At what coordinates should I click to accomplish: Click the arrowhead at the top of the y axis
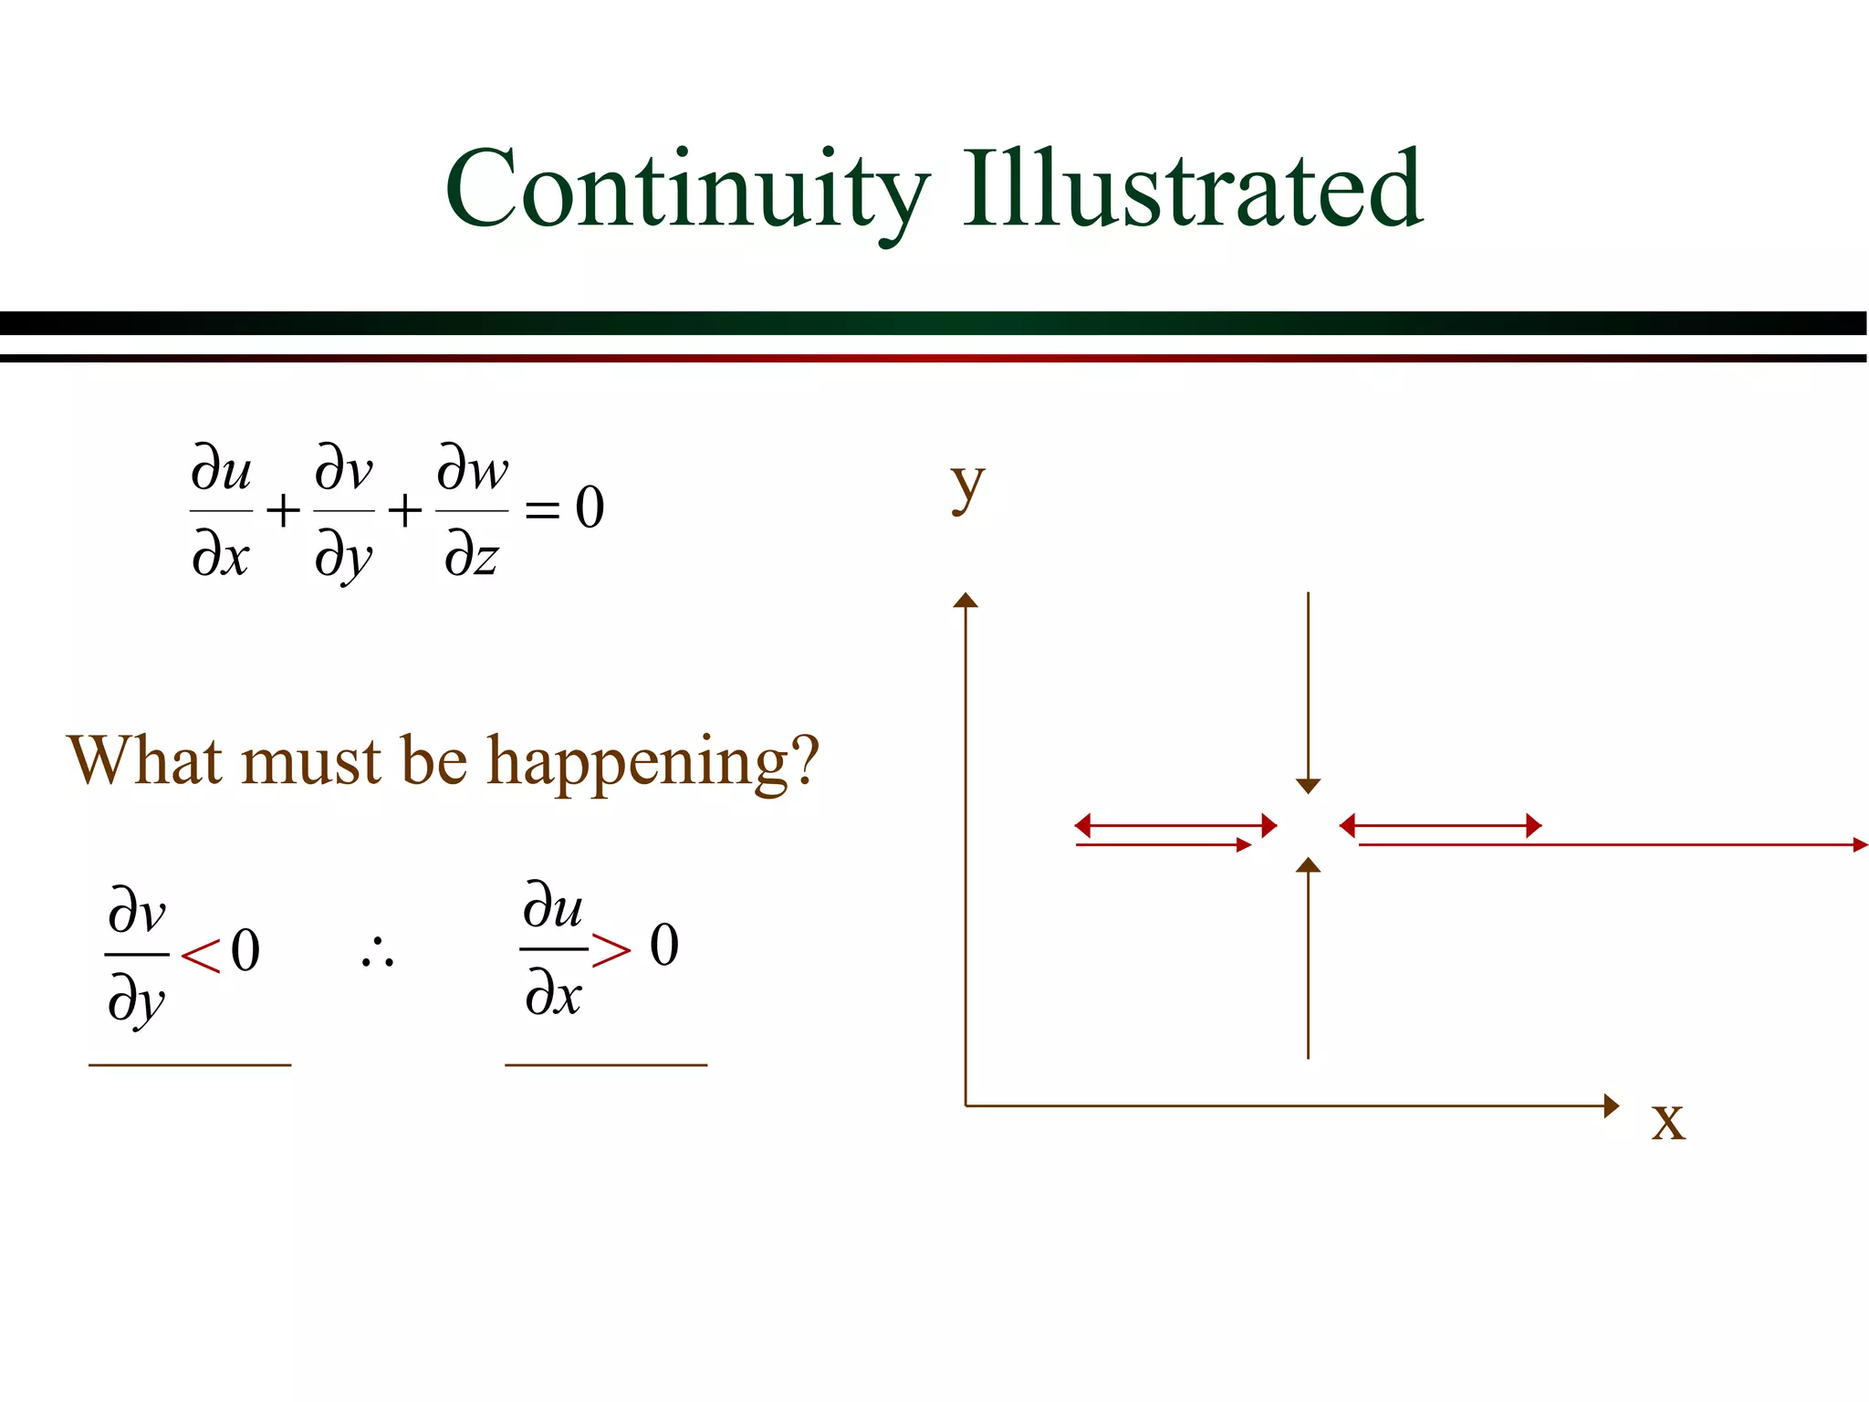tap(966, 601)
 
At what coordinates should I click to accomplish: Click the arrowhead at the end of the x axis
tap(1611, 1105)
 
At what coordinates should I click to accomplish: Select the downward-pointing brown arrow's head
tap(1308, 786)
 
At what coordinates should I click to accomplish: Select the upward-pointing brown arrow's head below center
tap(1308, 865)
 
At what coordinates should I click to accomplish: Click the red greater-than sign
tap(611, 950)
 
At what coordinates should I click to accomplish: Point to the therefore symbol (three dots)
tap(377, 954)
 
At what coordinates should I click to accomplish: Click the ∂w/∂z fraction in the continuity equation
tap(472, 511)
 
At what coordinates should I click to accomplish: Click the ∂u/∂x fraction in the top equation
tap(221, 511)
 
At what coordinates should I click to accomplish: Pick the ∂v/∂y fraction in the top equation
tap(344, 511)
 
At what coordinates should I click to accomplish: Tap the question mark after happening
tap(804, 759)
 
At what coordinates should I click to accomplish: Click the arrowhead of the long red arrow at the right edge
tap(1861, 845)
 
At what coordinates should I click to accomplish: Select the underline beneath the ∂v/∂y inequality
tap(190, 1065)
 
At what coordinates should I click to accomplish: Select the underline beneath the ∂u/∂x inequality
tap(606, 1065)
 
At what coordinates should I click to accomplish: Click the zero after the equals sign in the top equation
tap(590, 507)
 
